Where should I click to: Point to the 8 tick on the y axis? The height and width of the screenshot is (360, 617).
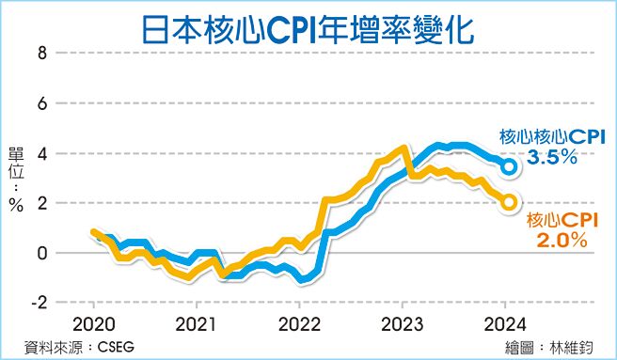point(40,54)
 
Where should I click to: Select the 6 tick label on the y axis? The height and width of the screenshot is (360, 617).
point(40,103)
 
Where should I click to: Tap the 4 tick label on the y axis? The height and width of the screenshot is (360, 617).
point(40,153)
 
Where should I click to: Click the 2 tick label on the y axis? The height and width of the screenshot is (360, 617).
point(40,203)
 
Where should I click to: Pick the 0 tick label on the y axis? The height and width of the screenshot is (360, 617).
point(40,253)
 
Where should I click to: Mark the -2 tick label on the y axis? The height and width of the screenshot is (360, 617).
point(38,303)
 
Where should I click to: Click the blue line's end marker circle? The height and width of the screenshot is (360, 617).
point(509,166)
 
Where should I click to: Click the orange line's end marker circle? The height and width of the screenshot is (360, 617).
point(509,202)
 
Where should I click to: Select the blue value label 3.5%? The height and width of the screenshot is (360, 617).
point(551,159)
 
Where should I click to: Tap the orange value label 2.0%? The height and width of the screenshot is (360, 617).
point(562,241)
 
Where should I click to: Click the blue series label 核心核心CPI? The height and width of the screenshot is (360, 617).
point(551,136)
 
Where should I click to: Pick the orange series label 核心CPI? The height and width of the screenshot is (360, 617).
point(563,220)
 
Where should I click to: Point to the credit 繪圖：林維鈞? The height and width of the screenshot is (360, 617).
point(555,347)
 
